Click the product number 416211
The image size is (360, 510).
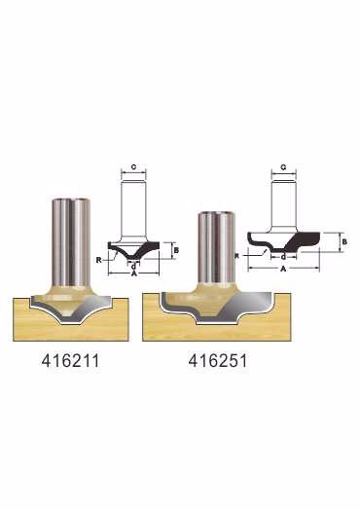(70, 361)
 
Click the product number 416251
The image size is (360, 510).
(218, 361)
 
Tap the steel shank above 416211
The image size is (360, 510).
(71, 241)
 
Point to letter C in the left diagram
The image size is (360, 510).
(133, 167)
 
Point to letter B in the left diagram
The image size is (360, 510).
(176, 250)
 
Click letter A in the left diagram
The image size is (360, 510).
(133, 274)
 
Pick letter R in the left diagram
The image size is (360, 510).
(99, 260)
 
